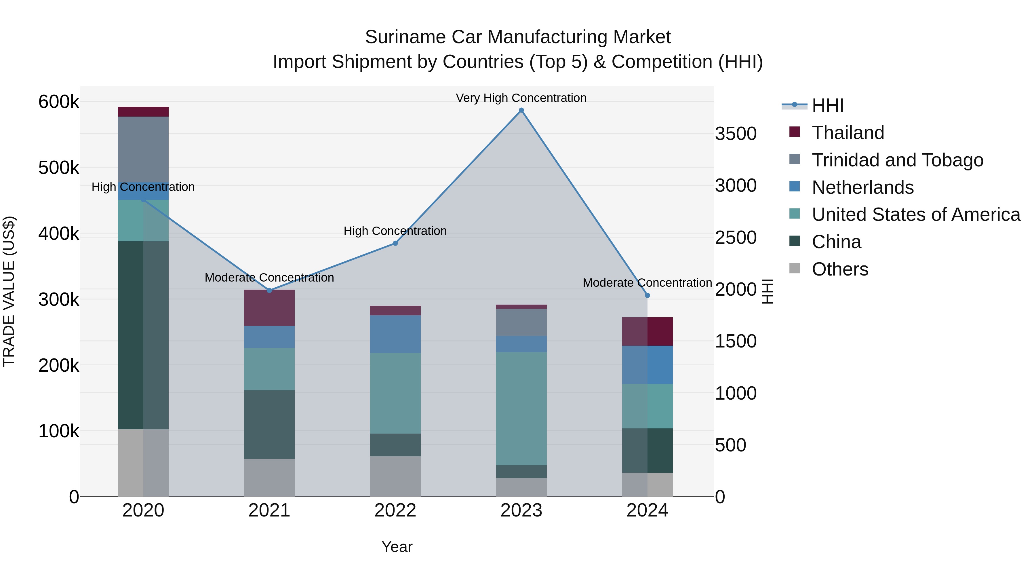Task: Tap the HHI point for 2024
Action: tap(647, 295)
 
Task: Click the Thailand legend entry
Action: tap(848, 133)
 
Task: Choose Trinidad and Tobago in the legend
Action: tap(897, 160)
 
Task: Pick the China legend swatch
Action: tap(795, 242)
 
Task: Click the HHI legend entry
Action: tap(827, 105)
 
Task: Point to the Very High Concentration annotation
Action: tap(521, 98)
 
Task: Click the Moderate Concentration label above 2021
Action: tap(269, 278)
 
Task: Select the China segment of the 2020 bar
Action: tap(143, 335)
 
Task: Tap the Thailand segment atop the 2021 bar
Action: tap(269, 307)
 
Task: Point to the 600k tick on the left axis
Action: tap(59, 102)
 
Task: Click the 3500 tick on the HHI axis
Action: tap(736, 134)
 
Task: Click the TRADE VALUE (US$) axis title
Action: tap(9, 291)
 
